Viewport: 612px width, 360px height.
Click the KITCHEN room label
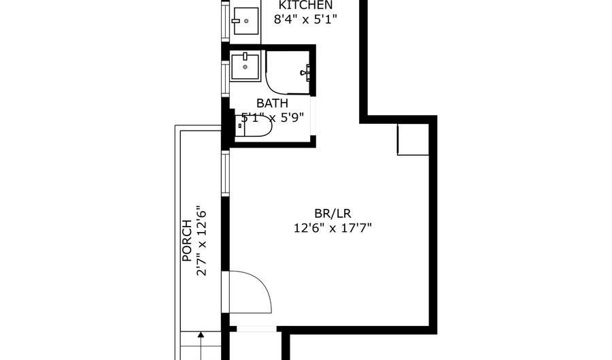point(305,5)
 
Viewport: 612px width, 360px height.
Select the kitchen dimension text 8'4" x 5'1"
point(305,19)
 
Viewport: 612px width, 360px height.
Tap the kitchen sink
point(245,20)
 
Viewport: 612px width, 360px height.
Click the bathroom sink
point(245,67)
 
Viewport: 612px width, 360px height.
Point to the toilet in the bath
point(254,126)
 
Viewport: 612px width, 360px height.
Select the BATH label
point(273,103)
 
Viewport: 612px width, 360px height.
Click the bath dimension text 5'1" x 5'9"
point(273,117)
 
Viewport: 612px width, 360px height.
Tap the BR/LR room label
point(333,214)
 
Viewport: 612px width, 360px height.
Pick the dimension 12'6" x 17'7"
point(333,227)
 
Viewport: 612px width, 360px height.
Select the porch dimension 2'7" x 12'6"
point(201,241)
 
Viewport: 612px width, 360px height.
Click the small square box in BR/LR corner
point(413,140)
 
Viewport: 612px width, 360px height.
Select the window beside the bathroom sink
point(225,78)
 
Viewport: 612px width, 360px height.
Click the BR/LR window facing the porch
point(225,174)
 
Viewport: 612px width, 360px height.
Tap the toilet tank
point(239,126)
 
